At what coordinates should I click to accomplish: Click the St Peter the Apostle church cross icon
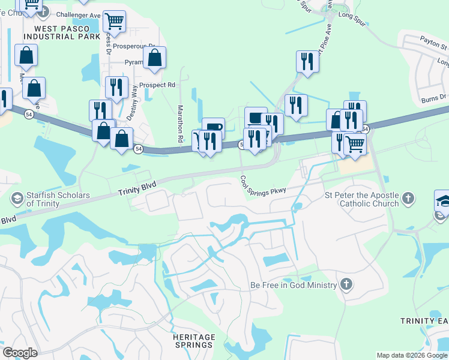(408, 198)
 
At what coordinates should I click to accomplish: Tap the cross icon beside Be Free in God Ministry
(346, 284)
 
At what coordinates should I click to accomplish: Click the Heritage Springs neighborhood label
(193, 341)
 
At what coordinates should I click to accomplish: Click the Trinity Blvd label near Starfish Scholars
(137, 188)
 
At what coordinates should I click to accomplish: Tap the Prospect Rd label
(157, 85)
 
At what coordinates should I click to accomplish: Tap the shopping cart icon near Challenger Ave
(113, 22)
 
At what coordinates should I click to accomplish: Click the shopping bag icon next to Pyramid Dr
(154, 58)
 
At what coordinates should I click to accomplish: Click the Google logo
(20, 353)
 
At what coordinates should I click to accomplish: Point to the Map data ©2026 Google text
(411, 355)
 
